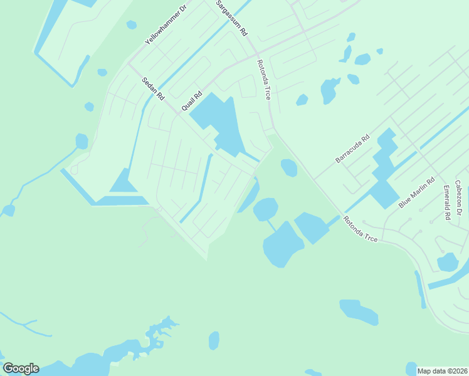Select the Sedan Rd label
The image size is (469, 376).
[x=152, y=89]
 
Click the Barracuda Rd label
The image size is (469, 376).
[x=353, y=148]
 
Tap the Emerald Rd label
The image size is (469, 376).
[x=447, y=202]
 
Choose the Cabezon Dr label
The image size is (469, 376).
[x=460, y=198]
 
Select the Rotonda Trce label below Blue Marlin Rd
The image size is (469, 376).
[x=360, y=229]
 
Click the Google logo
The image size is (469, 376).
[x=21, y=368]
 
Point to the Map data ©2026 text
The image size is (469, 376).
[x=443, y=371]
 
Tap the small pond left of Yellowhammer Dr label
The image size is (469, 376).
[x=131, y=25]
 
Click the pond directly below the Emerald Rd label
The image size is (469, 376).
[x=448, y=262]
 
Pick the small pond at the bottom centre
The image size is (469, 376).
[x=214, y=340]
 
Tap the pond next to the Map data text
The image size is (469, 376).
[x=411, y=367]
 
